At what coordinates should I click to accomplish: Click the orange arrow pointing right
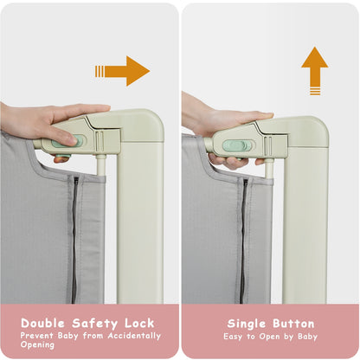(124, 71)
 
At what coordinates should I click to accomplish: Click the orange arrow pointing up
(315, 69)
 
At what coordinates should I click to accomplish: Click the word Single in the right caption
(247, 322)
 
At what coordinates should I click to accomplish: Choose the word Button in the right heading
(294, 322)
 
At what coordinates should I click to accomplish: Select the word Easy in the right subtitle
(235, 336)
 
